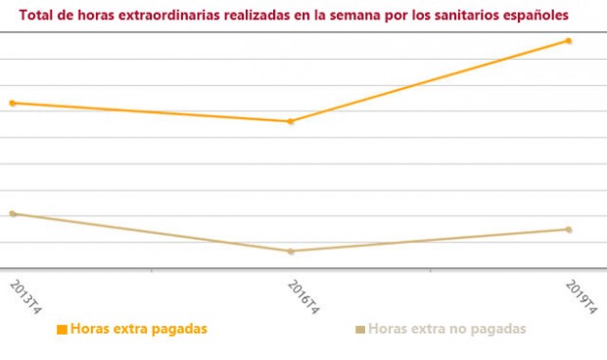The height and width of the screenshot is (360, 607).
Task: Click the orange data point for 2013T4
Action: pyautogui.click(x=12, y=103)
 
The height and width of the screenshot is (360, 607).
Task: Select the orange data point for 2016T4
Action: pyautogui.click(x=290, y=121)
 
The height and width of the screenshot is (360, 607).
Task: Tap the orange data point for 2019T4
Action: pyautogui.click(x=568, y=41)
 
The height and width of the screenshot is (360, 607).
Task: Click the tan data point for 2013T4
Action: pyautogui.click(x=12, y=213)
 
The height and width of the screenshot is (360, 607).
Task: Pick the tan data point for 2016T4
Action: pyautogui.click(x=290, y=251)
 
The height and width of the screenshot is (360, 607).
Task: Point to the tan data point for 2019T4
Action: pyautogui.click(x=568, y=230)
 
